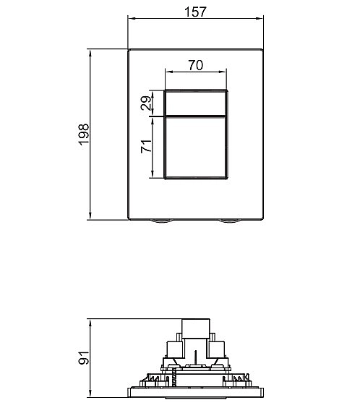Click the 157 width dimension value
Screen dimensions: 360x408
tap(195, 12)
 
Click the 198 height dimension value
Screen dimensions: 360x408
tap(84, 135)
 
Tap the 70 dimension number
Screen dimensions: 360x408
tap(196, 65)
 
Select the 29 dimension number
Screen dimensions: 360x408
tap(146, 103)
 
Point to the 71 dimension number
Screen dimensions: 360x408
tap(146, 146)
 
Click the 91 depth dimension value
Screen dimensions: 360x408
tap(84, 358)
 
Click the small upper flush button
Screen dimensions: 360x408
tap(196, 103)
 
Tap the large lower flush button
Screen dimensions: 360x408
tap(196, 148)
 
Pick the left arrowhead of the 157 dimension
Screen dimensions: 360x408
tap(132, 18)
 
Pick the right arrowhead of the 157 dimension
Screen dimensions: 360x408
tap(260, 18)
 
